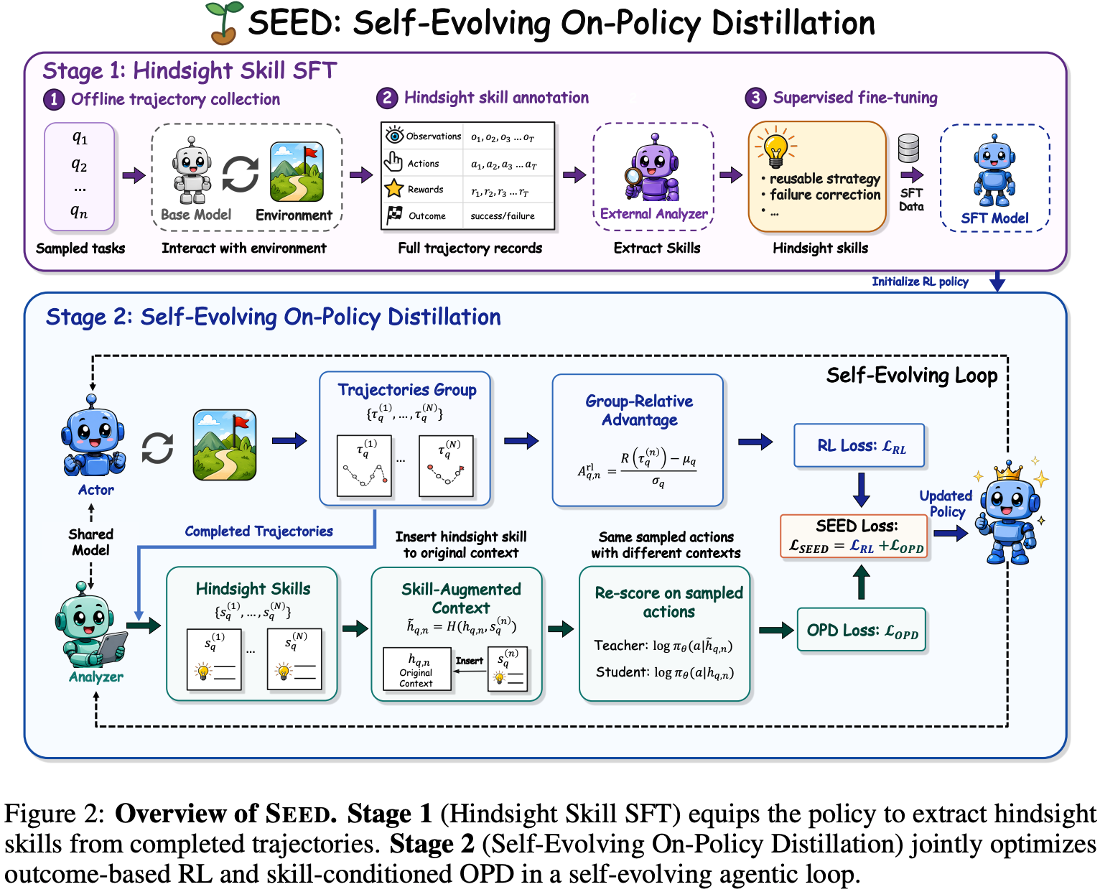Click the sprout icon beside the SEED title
click(224, 23)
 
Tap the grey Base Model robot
click(192, 170)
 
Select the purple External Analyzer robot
click(653, 168)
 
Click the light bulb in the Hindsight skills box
click(775, 148)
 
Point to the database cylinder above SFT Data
click(908, 148)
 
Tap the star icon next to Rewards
click(394, 188)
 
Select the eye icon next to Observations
click(395, 135)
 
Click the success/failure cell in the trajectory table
click(503, 216)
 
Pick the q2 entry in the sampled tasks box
click(79, 164)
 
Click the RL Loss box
click(859, 445)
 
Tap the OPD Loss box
click(862, 630)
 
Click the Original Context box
click(416, 669)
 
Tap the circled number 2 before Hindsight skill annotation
click(387, 98)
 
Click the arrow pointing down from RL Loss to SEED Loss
click(861, 490)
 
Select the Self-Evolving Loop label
click(911, 376)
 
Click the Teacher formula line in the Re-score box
click(663, 646)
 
